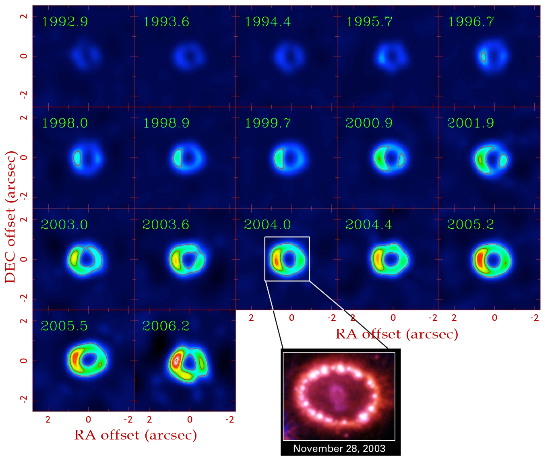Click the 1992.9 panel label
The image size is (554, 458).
65,22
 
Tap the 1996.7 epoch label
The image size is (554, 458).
471,22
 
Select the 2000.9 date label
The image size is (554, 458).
369,123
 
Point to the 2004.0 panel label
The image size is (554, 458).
267,225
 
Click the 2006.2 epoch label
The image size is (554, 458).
166,326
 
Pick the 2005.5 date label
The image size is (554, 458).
64,326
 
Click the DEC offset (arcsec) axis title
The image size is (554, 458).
11,217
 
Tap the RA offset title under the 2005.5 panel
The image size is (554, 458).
135,435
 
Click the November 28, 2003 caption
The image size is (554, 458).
339,448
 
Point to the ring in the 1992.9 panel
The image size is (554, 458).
86,57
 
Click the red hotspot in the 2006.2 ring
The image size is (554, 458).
176,361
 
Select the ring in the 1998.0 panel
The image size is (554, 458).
87,158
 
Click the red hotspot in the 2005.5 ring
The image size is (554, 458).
74,358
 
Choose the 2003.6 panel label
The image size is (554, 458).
166,225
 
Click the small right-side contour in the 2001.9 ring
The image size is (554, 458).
503,161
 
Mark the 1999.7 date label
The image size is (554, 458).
267,123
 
